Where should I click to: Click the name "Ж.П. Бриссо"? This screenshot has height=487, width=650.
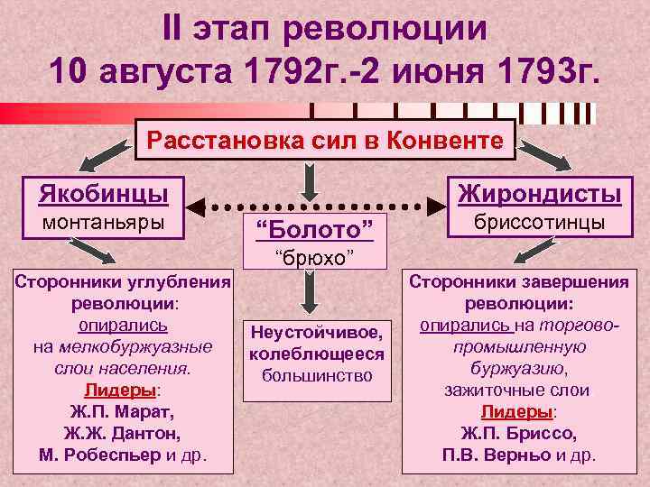click(530, 433)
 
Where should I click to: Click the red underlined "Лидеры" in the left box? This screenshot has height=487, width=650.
click(119, 391)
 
